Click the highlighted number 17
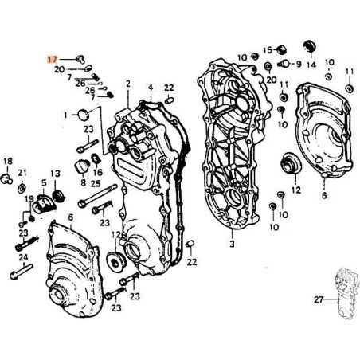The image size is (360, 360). pos(53,59)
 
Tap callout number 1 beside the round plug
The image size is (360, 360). pos(65,115)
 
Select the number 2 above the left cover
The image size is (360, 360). pos(127,84)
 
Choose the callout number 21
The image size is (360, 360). pos(22,173)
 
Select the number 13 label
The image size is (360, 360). pos(55,173)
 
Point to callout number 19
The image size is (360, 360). pos(29,198)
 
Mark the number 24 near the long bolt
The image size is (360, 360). pos(23,257)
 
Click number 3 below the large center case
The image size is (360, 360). pos(232,245)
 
